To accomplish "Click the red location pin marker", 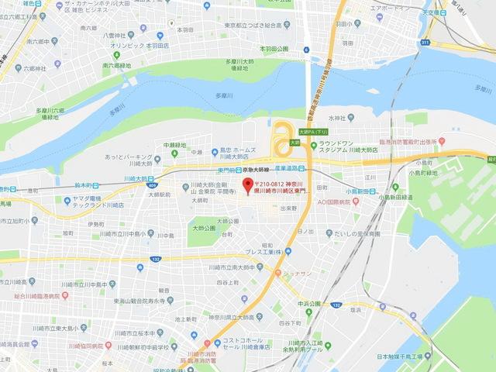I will [248, 186].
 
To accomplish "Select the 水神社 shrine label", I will [335, 118].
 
